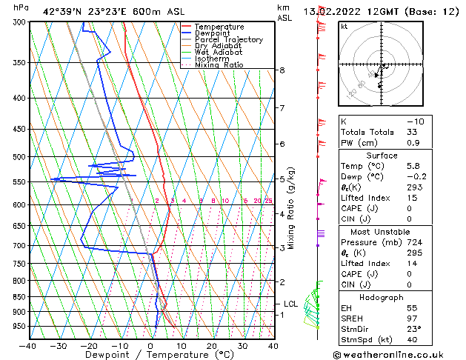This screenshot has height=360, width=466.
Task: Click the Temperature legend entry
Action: coord(219,27)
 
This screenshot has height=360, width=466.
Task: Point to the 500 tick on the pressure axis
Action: coord(19,157)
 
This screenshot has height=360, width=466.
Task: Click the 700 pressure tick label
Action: coord(19,245)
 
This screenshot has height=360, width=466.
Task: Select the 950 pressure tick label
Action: coord(19,326)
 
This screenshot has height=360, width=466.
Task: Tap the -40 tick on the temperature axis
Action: coord(28,345)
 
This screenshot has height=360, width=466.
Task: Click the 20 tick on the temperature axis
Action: coord(212,345)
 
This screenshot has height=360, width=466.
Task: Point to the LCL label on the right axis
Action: coord(290,304)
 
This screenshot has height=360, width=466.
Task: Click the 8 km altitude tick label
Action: coord(282,70)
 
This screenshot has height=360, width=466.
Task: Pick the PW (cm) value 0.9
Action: coord(413,143)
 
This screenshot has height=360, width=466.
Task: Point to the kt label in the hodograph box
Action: coord(344,26)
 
